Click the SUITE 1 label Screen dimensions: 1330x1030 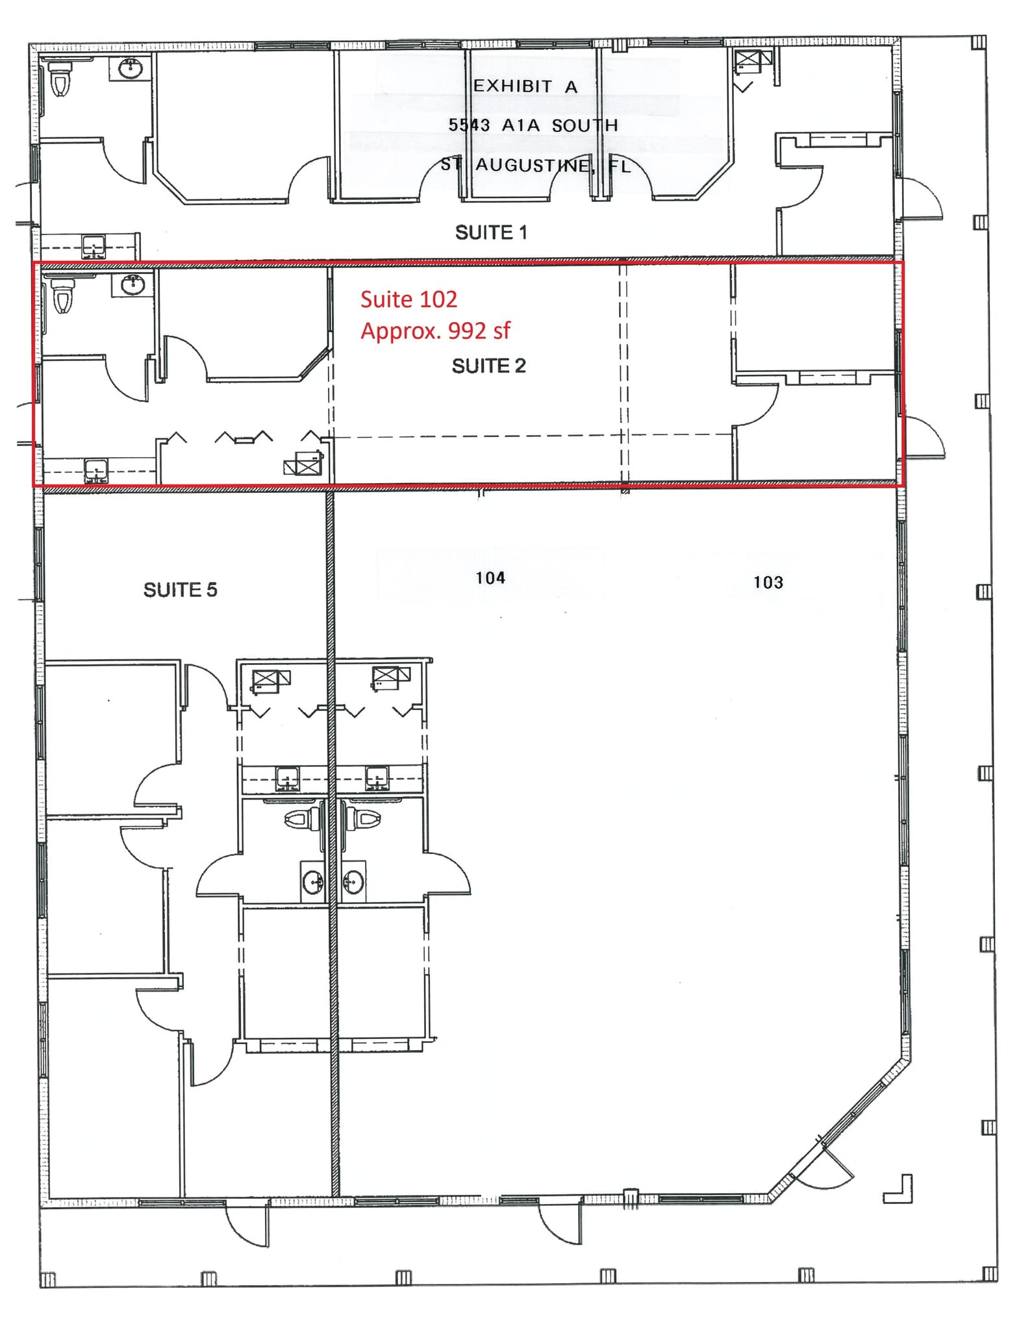(490, 232)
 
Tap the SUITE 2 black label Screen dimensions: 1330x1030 (488, 366)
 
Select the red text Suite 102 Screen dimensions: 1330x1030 (408, 299)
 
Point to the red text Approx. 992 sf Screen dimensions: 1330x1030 (435, 331)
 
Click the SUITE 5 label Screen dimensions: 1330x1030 (180, 590)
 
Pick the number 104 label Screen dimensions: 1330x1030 (490, 578)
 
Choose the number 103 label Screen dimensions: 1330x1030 (768, 582)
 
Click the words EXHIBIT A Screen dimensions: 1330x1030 (525, 86)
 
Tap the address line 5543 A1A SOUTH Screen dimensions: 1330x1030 (533, 125)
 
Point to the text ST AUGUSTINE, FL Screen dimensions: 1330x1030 (535, 165)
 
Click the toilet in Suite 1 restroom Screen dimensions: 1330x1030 (60, 79)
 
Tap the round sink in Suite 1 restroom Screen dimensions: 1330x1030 (131, 68)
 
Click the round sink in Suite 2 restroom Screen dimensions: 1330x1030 (132, 284)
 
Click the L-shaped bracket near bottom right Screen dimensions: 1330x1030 (900, 1190)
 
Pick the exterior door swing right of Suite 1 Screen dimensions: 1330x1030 (921, 199)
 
